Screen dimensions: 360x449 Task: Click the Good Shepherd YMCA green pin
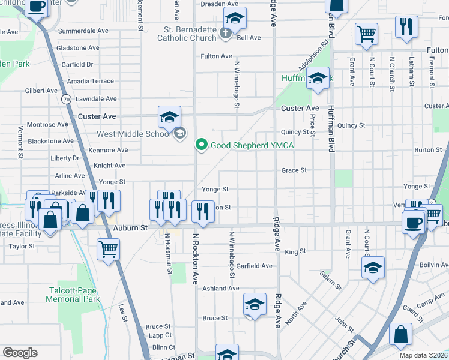click(202, 145)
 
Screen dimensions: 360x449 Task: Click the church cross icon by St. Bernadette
click(225, 32)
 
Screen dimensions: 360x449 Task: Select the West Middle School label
click(133, 134)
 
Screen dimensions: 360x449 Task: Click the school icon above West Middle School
click(169, 116)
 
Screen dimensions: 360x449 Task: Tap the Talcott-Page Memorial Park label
click(74, 295)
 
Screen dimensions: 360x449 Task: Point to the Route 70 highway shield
click(66, 98)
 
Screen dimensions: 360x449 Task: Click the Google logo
click(20, 353)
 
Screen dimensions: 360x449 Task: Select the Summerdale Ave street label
click(83, 30)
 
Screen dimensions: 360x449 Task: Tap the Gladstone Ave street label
click(79, 47)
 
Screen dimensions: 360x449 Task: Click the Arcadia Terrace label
click(91, 81)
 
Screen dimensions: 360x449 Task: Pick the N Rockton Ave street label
click(195, 258)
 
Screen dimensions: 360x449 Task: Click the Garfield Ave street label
click(254, 266)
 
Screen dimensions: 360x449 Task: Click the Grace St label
click(294, 170)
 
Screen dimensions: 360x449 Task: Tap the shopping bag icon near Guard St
click(400, 334)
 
